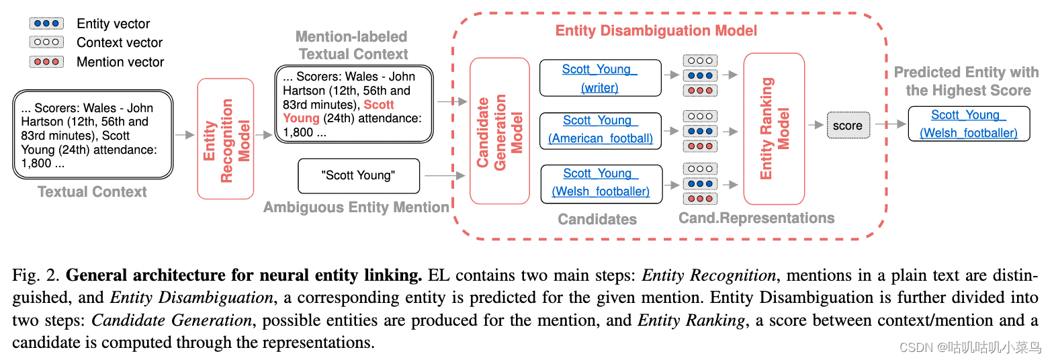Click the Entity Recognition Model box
pyautogui.click(x=226, y=139)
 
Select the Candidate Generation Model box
pyautogui.click(x=500, y=130)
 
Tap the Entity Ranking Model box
pyautogui.click(x=773, y=128)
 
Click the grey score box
pyautogui.click(x=847, y=125)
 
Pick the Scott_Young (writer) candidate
pyautogui.click(x=600, y=78)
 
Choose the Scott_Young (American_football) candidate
pyautogui.click(x=601, y=130)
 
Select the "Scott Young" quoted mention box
pyautogui.click(x=358, y=176)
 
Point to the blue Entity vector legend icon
pyautogui.click(x=46, y=24)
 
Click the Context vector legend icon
pyautogui.click(x=46, y=42)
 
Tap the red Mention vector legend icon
pyautogui.click(x=46, y=62)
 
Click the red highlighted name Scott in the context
pyautogui.click(x=379, y=105)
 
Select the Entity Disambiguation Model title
pyautogui.click(x=656, y=31)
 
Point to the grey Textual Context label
pyautogui.click(x=92, y=192)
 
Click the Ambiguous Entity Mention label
pyautogui.click(x=356, y=208)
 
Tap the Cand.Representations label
pyautogui.click(x=756, y=218)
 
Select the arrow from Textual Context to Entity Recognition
pyautogui.click(x=184, y=135)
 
